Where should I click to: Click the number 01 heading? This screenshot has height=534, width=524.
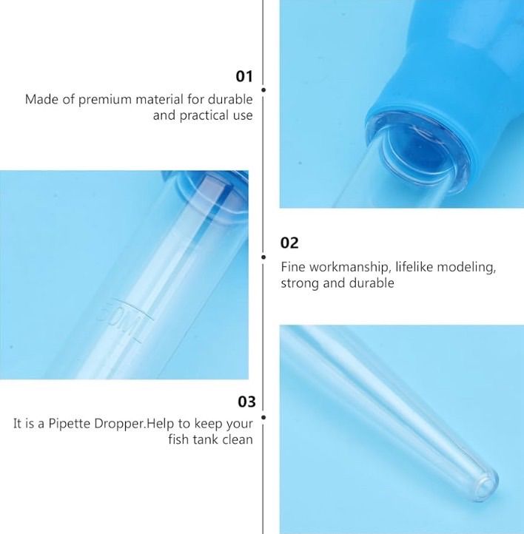pyautogui.click(x=244, y=76)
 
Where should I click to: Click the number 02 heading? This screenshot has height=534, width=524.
pyautogui.click(x=289, y=243)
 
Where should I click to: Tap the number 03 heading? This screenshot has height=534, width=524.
pyautogui.click(x=246, y=402)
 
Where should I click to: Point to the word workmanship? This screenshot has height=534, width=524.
pyautogui.click(x=349, y=267)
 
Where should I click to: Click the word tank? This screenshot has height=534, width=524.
pyautogui.click(x=206, y=439)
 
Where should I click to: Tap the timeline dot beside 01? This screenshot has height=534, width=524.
pyautogui.click(x=263, y=90)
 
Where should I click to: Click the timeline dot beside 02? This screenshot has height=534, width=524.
pyautogui.click(x=263, y=257)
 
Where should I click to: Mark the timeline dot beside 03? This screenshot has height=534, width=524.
pyautogui.click(x=263, y=417)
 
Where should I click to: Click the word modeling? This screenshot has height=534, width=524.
pyautogui.click(x=466, y=267)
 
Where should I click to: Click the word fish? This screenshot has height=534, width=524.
pyautogui.click(x=179, y=439)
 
